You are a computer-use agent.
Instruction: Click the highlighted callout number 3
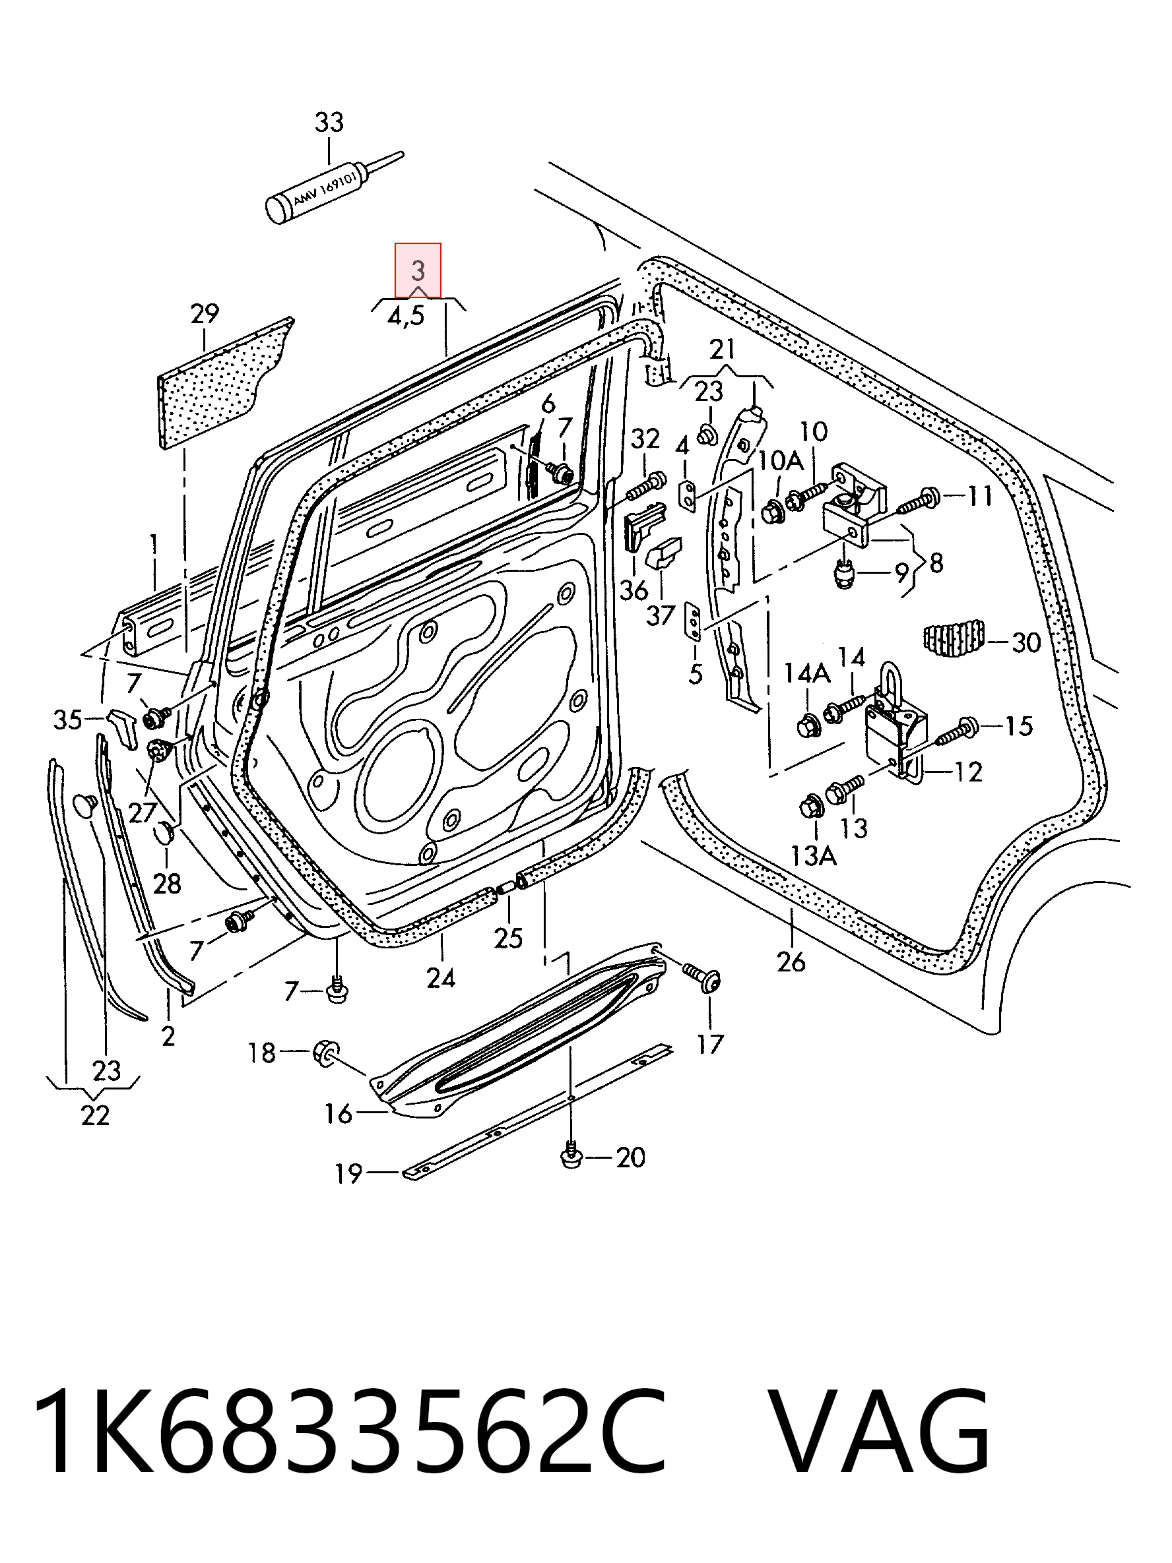click(418, 270)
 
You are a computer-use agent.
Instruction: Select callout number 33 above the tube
click(329, 122)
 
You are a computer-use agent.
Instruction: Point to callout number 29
click(205, 313)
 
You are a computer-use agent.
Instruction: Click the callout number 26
click(791, 961)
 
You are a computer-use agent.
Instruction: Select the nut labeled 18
click(326, 1053)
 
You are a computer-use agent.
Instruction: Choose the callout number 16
click(338, 1115)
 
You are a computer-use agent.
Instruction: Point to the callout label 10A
click(781, 462)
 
